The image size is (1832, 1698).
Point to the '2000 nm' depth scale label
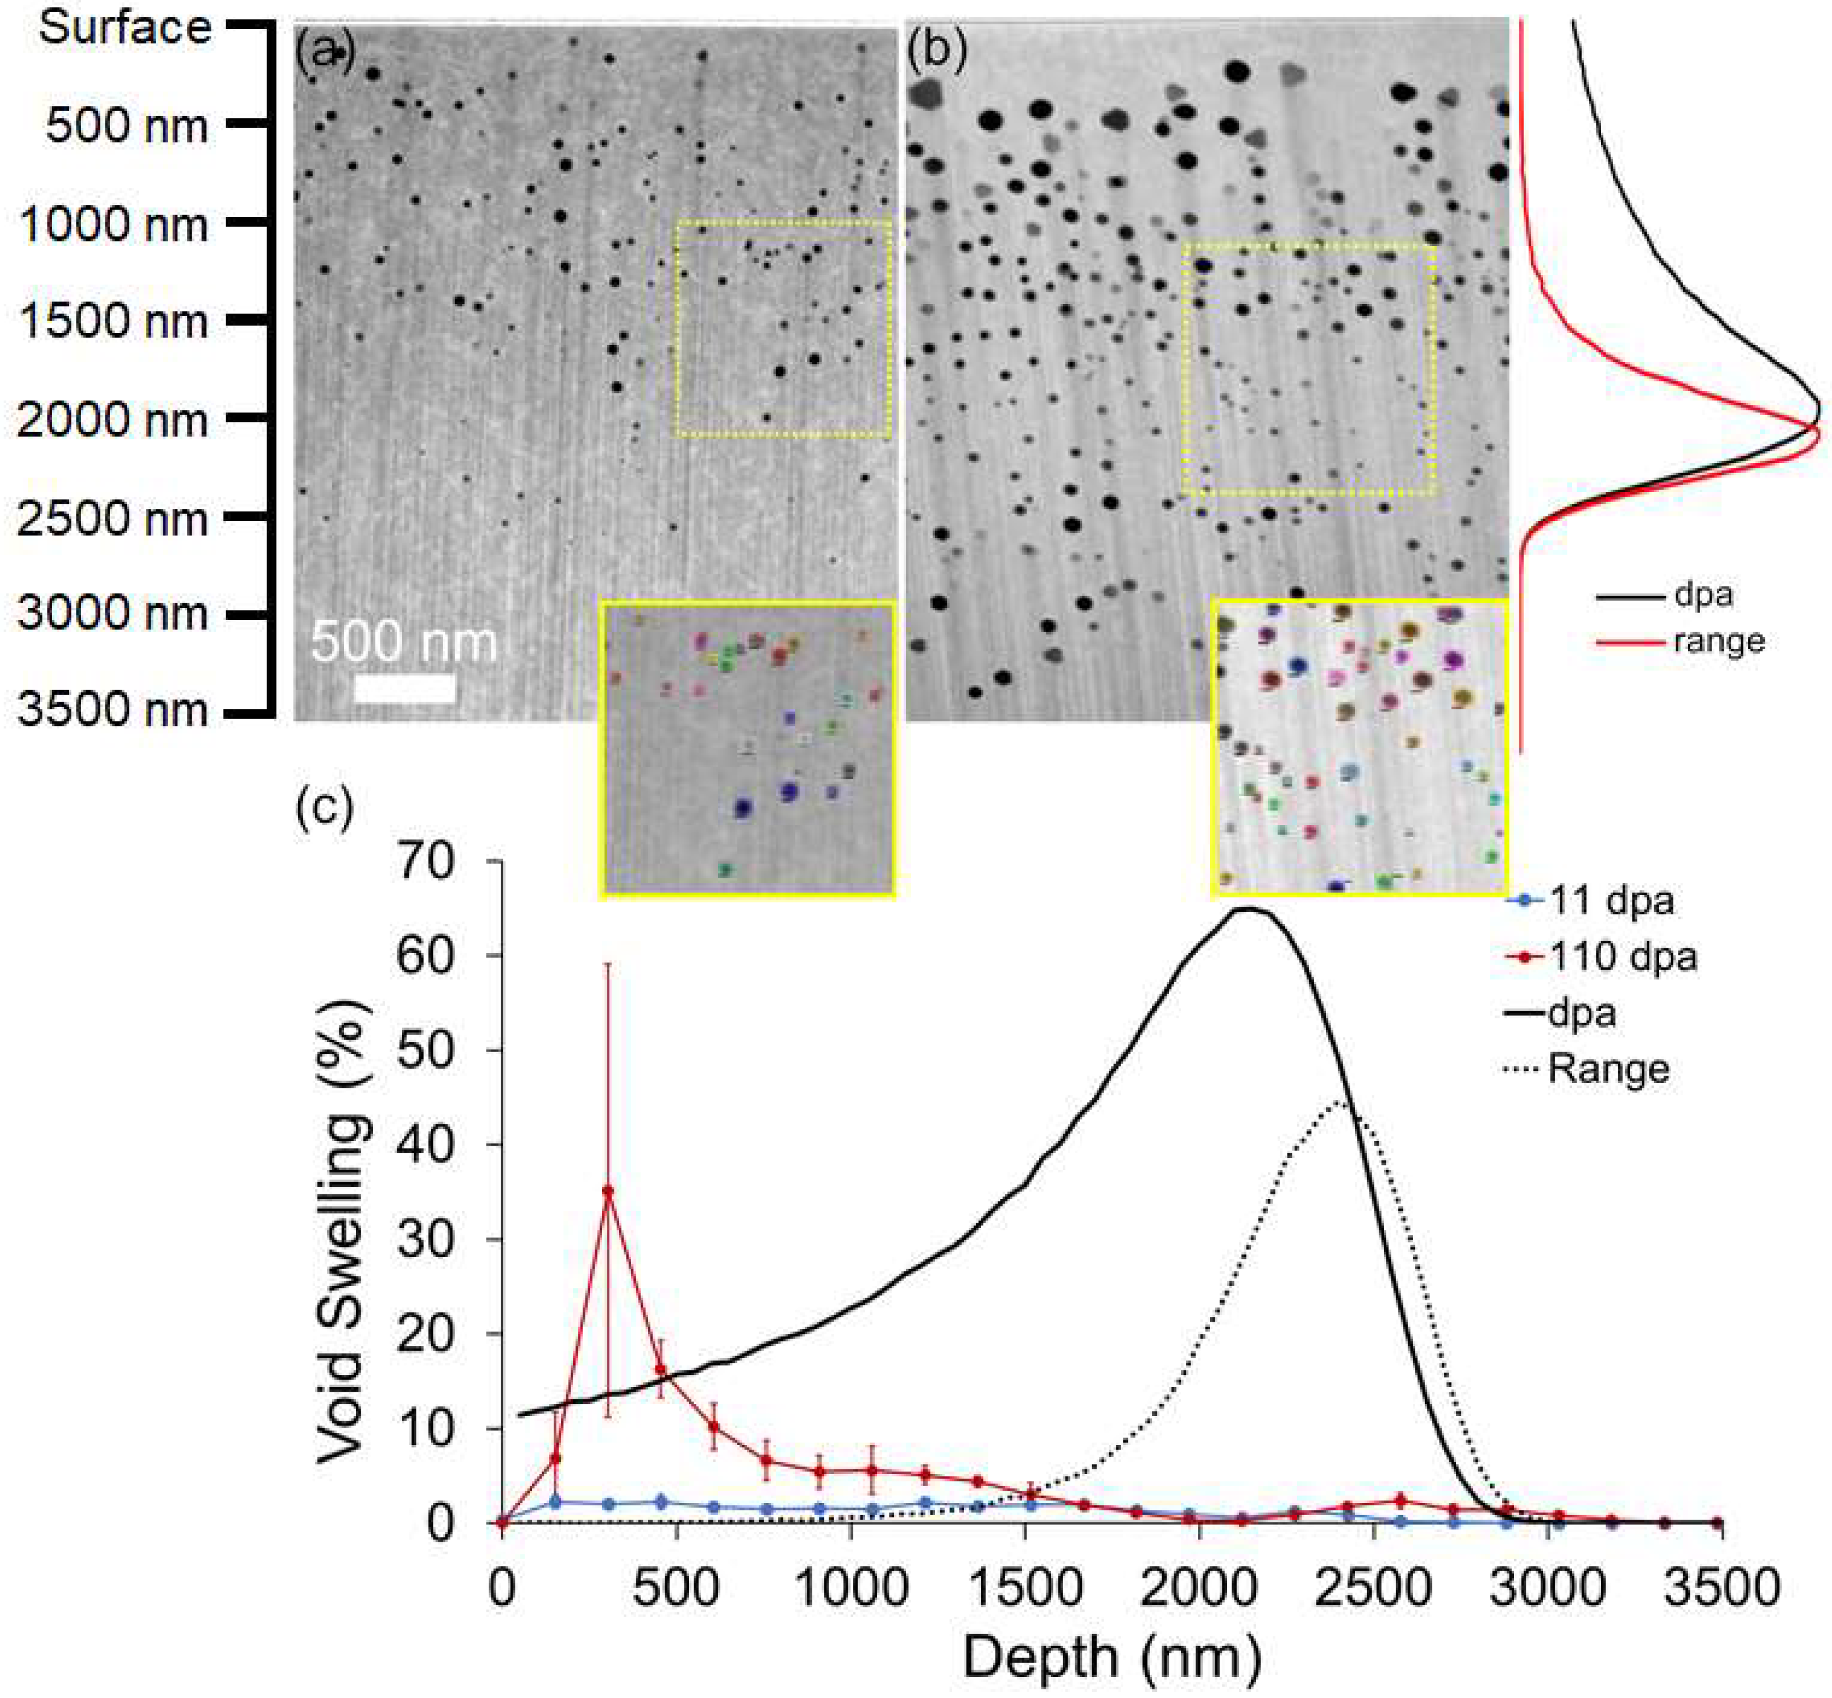[x=113, y=420]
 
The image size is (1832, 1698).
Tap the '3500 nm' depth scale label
[x=113, y=710]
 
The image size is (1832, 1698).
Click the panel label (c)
[x=324, y=809]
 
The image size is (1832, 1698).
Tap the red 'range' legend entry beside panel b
[x=1718, y=640]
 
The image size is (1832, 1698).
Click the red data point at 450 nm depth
[x=659, y=1370]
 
